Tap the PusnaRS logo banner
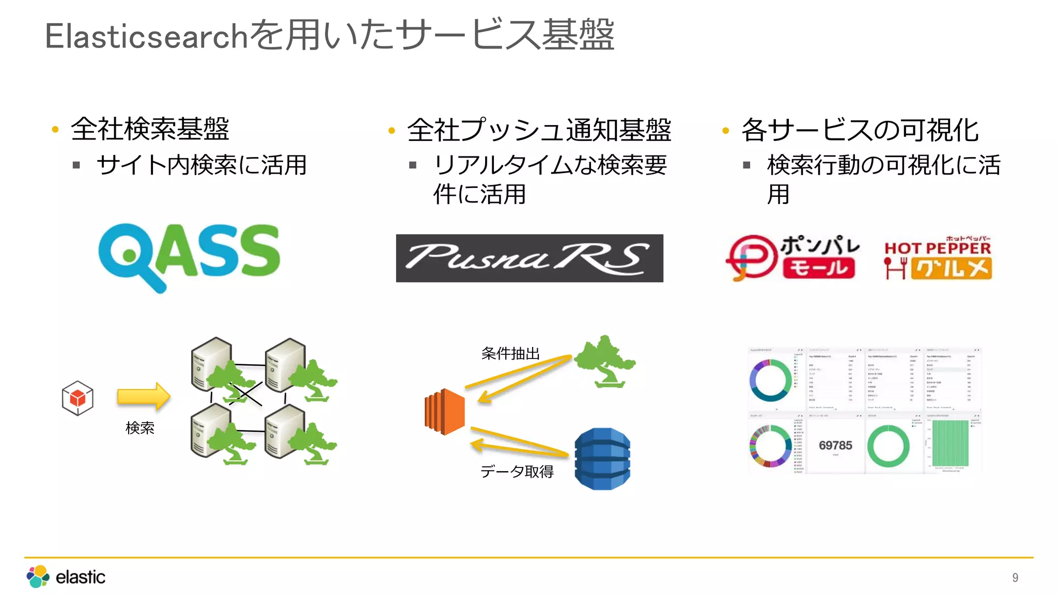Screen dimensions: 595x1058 [x=529, y=258]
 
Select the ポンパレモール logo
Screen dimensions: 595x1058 [x=792, y=257]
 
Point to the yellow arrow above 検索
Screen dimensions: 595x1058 [x=143, y=396]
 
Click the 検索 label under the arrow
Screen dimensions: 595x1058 [x=139, y=428]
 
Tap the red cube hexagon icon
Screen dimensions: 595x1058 [x=77, y=398]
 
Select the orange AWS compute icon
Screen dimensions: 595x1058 [x=445, y=411]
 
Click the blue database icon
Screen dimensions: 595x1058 [x=602, y=459]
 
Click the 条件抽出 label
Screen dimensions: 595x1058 [x=510, y=353]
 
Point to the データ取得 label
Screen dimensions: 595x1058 [x=517, y=471]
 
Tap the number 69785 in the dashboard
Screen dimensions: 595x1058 [x=835, y=445]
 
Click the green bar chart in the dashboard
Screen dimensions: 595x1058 [x=950, y=443]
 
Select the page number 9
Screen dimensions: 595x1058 [x=1015, y=577]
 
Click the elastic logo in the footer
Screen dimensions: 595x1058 [x=66, y=576]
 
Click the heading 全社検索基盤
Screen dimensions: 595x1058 [x=150, y=129]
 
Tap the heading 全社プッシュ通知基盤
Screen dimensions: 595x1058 [x=539, y=130]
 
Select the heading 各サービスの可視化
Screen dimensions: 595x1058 [x=860, y=130]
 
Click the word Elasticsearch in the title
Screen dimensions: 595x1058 [x=147, y=36]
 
